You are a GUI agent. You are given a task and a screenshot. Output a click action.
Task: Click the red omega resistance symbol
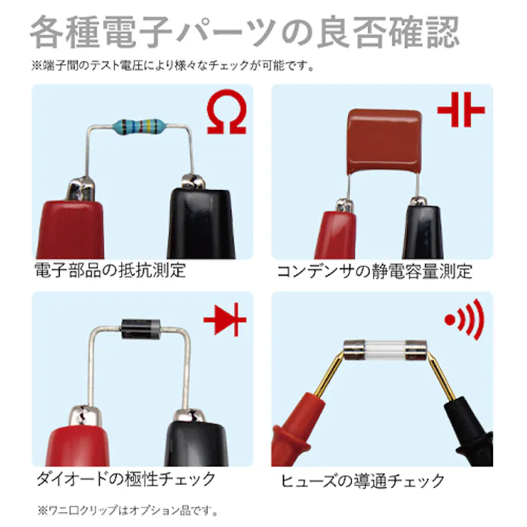pos(226,112)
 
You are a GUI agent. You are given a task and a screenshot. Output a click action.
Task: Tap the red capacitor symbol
pos(461,110)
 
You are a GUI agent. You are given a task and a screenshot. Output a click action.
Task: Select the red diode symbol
pos(225,319)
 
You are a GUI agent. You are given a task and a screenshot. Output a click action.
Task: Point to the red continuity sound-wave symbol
pos(464,319)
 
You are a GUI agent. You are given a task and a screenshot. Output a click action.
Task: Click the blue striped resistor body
pos(139,126)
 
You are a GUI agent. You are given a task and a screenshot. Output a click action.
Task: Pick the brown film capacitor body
pos(384,142)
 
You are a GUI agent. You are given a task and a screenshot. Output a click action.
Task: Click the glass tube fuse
pos(385,350)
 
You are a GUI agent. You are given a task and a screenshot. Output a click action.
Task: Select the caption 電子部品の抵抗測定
pos(110,271)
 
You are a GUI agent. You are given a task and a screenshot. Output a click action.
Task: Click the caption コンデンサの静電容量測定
pos(375,271)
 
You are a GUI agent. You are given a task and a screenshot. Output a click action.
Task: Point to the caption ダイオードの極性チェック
pos(126,479)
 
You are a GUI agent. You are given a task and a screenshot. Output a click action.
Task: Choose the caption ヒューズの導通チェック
pos(362,480)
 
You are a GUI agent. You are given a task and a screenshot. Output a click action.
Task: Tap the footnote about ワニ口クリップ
pos(128,511)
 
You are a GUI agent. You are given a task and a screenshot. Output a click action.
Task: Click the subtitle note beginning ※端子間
pos(173,65)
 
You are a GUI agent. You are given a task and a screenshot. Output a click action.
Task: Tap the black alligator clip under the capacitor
pos(423,229)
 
